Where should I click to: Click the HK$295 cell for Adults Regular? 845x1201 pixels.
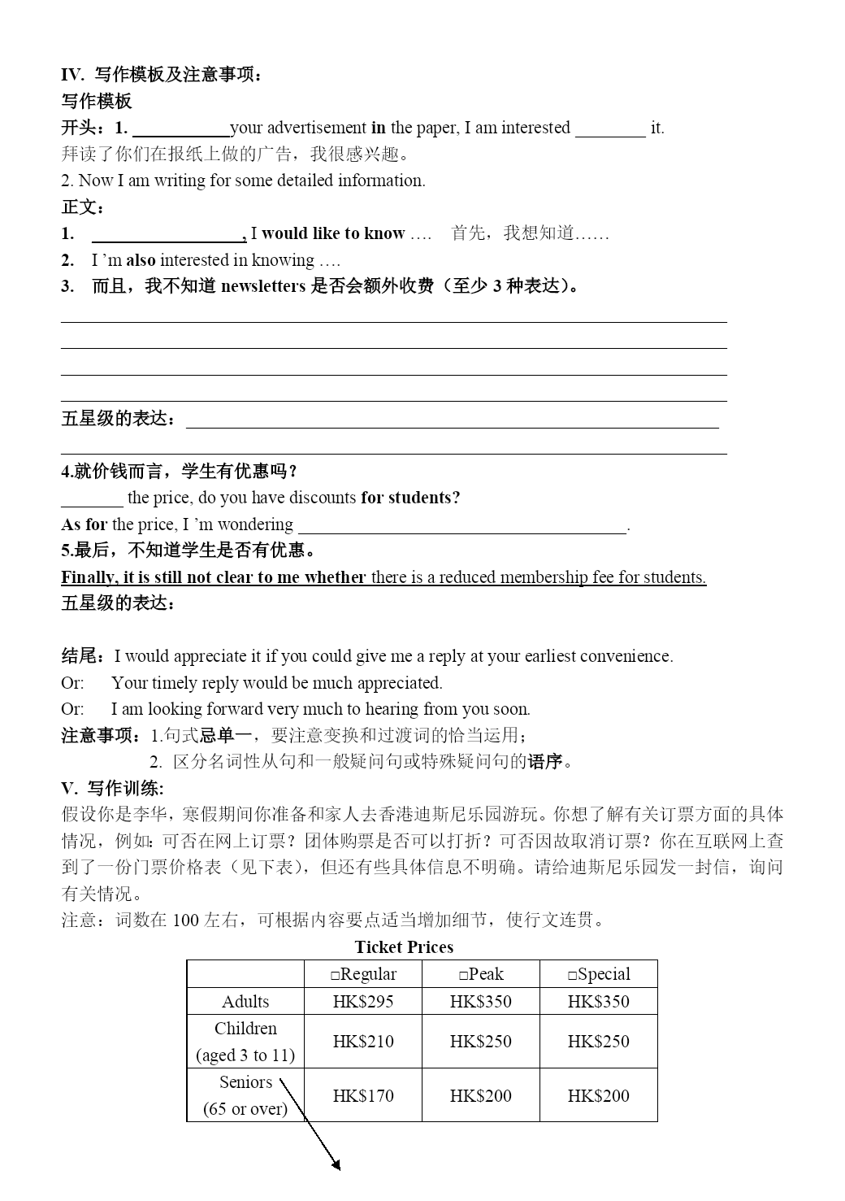pyautogui.click(x=363, y=1001)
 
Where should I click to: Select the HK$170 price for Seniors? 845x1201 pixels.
pyautogui.click(x=363, y=1095)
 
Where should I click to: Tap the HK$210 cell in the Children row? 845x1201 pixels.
pyautogui.click(x=363, y=1041)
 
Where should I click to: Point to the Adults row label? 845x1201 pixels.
pyautogui.click(x=245, y=1001)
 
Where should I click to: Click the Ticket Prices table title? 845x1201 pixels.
pyautogui.click(x=404, y=946)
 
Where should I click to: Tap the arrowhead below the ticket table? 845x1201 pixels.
pyautogui.click(x=336, y=1166)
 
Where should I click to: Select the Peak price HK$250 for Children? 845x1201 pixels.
pyautogui.click(x=481, y=1041)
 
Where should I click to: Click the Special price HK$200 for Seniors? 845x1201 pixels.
pyautogui.click(x=599, y=1095)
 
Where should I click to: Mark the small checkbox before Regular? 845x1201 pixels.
pyautogui.click(x=336, y=975)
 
